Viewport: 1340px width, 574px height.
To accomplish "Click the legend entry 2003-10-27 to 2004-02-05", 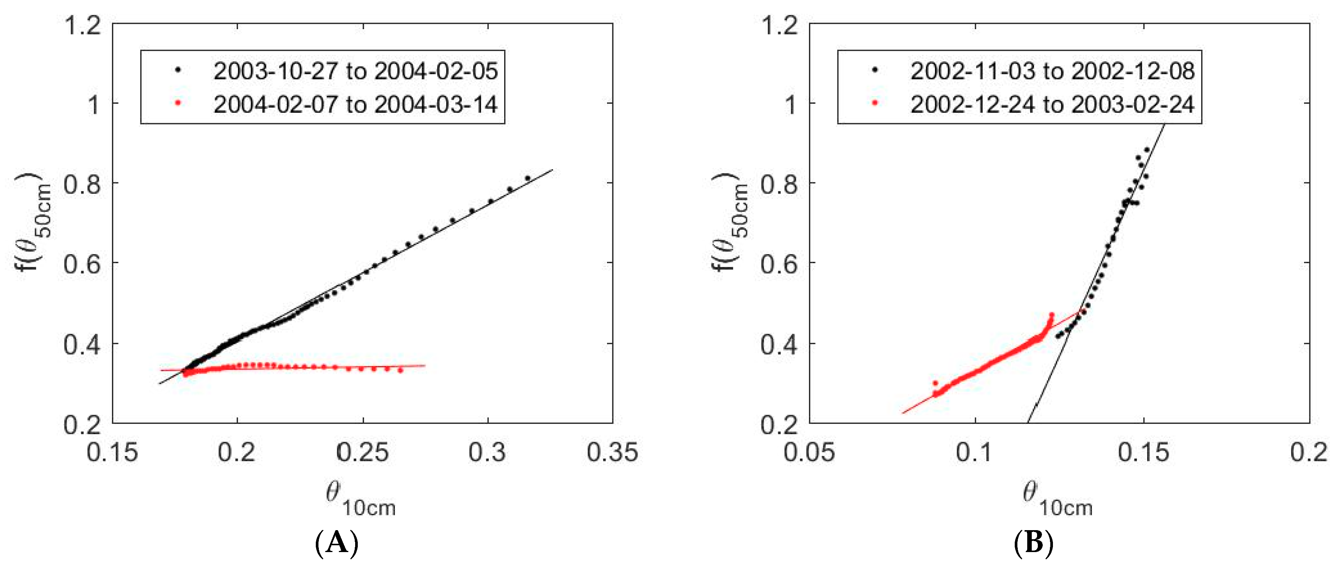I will tap(355, 71).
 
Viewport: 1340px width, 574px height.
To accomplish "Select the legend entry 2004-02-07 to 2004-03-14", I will tap(355, 105).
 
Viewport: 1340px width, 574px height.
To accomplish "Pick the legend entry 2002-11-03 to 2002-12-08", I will tap(1052, 71).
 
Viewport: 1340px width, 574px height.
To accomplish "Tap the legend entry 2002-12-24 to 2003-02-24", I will tap(1052, 105).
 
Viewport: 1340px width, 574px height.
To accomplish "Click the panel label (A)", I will tap(337, 544).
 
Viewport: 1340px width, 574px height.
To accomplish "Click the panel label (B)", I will tap(1034, 544).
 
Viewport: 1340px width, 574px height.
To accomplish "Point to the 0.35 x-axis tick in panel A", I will tap(612, 452).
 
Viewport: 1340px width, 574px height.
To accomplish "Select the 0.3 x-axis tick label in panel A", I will tap(488, 452).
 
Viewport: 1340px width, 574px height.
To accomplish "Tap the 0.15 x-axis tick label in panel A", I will tap(112, 452).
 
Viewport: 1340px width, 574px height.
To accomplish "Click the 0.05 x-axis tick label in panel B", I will tap(809, 452).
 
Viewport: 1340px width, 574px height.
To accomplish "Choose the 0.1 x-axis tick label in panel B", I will tap(975, 452).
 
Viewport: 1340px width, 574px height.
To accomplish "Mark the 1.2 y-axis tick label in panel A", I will tap(82, 25).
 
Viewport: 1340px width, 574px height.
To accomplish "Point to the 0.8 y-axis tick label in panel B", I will tap(779, 185).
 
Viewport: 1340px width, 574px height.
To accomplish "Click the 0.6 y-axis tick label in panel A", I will tap(82, 264).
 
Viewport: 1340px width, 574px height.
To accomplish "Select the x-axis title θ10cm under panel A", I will tap(360, 498).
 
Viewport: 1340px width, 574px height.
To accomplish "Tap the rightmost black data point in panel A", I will tap(528, 178).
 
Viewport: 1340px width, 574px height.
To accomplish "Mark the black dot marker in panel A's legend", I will tap(178, 70).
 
